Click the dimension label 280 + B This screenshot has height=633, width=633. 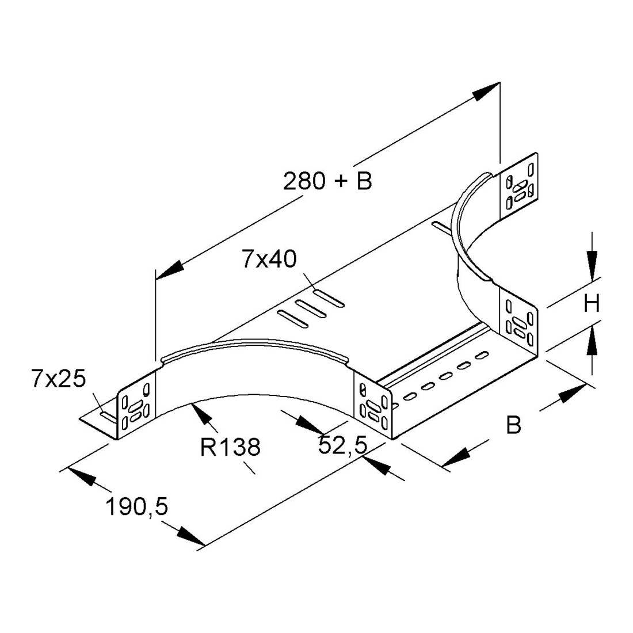click(x=327, y=181)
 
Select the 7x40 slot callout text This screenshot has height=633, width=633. click(x=269, y=259)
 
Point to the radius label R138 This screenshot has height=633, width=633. click(x=231, y=447)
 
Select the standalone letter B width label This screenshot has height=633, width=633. click(x=513, y=425)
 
